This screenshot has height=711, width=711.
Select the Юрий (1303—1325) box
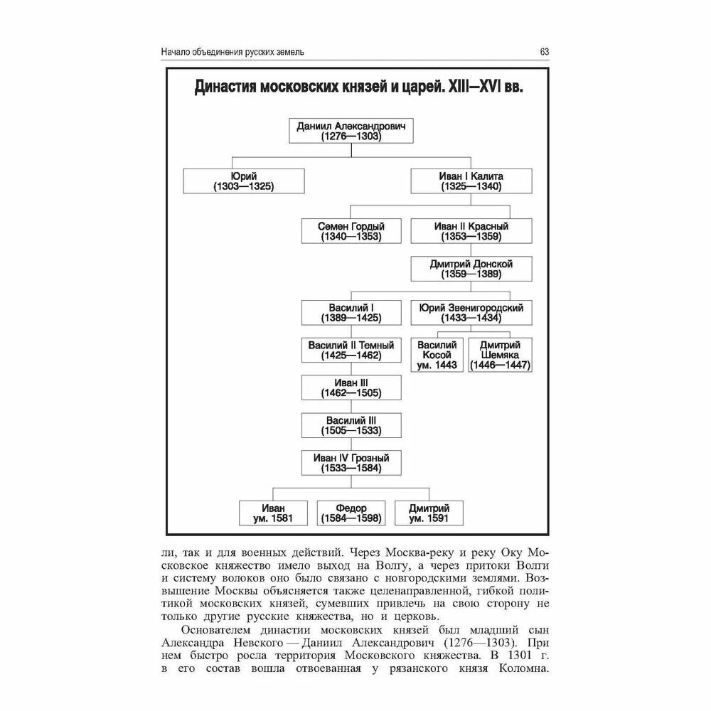click(x=243, y=181)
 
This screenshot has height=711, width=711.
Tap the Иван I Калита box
click(x=471, y=181)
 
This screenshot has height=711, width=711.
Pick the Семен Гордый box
click(x=351, y=231)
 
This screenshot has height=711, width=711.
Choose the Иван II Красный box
click(x=471, y=231)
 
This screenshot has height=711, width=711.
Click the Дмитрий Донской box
click(x=471, y=269)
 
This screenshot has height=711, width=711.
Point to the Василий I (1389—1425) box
click(x=351, y=313)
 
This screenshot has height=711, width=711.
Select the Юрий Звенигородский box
click(x=471, y=313)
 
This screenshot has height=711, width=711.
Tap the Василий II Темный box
click(x=351, y=350)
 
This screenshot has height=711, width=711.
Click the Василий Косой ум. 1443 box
click(x=437, y=355)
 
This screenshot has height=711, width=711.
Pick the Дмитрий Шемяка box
click(x=500, y=355)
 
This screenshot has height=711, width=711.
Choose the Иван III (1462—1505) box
click(x=351, y=387)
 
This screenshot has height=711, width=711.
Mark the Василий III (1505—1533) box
click(x=351, y=425)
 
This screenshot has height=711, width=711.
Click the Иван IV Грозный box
click(x=351, y=463)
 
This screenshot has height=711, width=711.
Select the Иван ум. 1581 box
click(x=273, y=513)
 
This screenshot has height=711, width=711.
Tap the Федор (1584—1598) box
click(x=351, y=513)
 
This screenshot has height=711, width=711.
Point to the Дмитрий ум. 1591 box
click(x=429, y=513)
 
